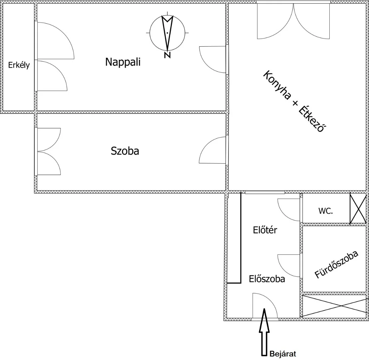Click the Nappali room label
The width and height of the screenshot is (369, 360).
[123, 62]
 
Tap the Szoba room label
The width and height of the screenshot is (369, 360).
[125, 151]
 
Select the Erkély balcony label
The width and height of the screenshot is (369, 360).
[19, 65]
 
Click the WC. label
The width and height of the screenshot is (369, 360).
[326, 211]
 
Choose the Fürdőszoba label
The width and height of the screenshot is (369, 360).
[336, 264]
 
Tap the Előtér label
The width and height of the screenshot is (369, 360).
[265, 230]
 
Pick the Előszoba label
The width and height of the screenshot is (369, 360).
[267, 279]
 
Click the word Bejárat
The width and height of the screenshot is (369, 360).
[283, 354]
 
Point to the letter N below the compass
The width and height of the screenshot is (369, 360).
[167, 55]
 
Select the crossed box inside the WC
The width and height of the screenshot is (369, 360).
[358, 208]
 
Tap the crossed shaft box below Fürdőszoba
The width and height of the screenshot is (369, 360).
[334, 306]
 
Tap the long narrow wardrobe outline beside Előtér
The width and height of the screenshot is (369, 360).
[241, 238]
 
